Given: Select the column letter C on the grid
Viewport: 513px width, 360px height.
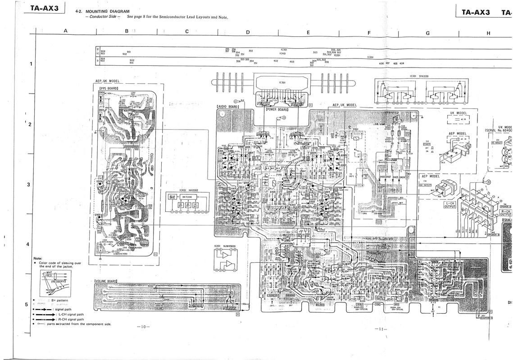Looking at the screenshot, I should [x=187, y=31].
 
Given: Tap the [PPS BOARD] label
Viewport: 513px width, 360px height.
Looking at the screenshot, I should [x=108, y=89].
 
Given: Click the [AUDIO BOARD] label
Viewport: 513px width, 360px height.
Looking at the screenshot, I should [x=227, y=107].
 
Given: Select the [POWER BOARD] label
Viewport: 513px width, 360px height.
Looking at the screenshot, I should [x=277, y=109].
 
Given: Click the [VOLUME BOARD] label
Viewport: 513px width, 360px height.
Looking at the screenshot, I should [x=106, y=281].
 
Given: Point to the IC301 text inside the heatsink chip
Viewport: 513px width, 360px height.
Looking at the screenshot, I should [x=282, y=82].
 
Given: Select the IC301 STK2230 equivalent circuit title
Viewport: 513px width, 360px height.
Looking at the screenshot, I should [x=419, y=76].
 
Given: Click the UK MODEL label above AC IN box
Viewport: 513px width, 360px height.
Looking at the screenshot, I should [x=455, y=113].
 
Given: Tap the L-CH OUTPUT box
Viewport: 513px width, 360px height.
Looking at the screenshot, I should [x=449, y=205].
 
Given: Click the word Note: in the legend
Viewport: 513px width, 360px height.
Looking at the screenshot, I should [x=38, y=258].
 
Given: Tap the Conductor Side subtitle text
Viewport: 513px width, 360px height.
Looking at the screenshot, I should [x=100, y=17].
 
